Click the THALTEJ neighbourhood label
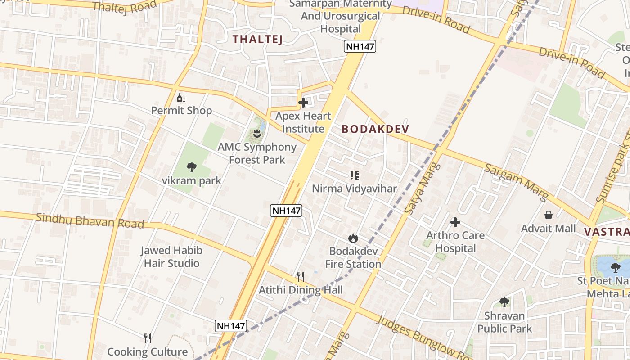tap(257, 39)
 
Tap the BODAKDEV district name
tap(375, 129)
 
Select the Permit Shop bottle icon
tap(181, 98)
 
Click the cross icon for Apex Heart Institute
tap(303, 103)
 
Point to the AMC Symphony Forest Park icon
tap(257, 133)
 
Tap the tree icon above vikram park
tap(192, 167)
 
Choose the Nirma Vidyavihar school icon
tap(355, 175)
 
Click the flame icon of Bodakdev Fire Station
tap(353, 238)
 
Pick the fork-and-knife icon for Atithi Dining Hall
tap(301, 276)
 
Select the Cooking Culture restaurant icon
tap(147, 338)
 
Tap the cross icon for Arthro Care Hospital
tap(455, 222)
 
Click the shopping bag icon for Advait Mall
tap(548, 215)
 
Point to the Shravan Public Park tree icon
tap(504, 302)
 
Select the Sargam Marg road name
tap(516, 182)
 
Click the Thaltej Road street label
tap(125, 6)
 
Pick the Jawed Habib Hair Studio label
tap(171, 256)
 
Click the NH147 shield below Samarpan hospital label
tap(360, 46)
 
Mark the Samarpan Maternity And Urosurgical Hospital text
tap(341, 16)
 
